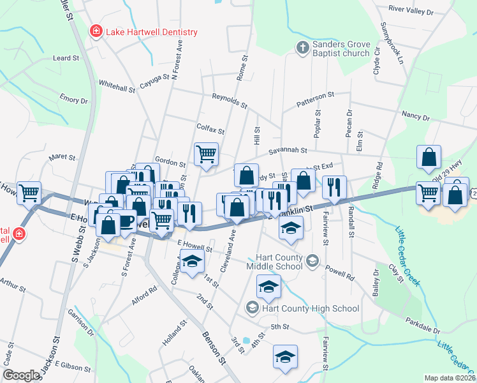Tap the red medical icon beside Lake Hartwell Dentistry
coord(96,31)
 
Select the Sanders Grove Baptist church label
coord(341,49)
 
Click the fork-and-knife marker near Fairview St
coord(334,187)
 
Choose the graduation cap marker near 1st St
coord(191,262)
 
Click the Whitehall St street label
coord(117,86)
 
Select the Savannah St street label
coord(288,151)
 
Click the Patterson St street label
coord(315,100)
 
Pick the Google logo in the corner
coord(21,375)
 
